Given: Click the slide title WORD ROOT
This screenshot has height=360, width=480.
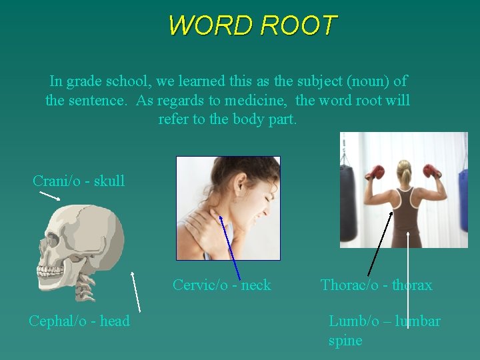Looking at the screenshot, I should [252, 26].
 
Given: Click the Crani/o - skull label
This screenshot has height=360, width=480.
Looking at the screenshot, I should [79, 181].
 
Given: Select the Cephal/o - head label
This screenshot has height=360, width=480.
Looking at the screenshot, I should [79, 321].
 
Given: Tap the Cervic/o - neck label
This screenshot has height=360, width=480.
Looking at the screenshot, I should [221, 285].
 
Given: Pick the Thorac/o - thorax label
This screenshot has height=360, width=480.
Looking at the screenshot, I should [376, 285].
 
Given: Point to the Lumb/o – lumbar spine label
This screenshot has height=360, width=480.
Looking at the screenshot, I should [384, 330].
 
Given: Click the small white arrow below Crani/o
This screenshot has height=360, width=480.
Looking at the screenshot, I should [49, 195].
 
